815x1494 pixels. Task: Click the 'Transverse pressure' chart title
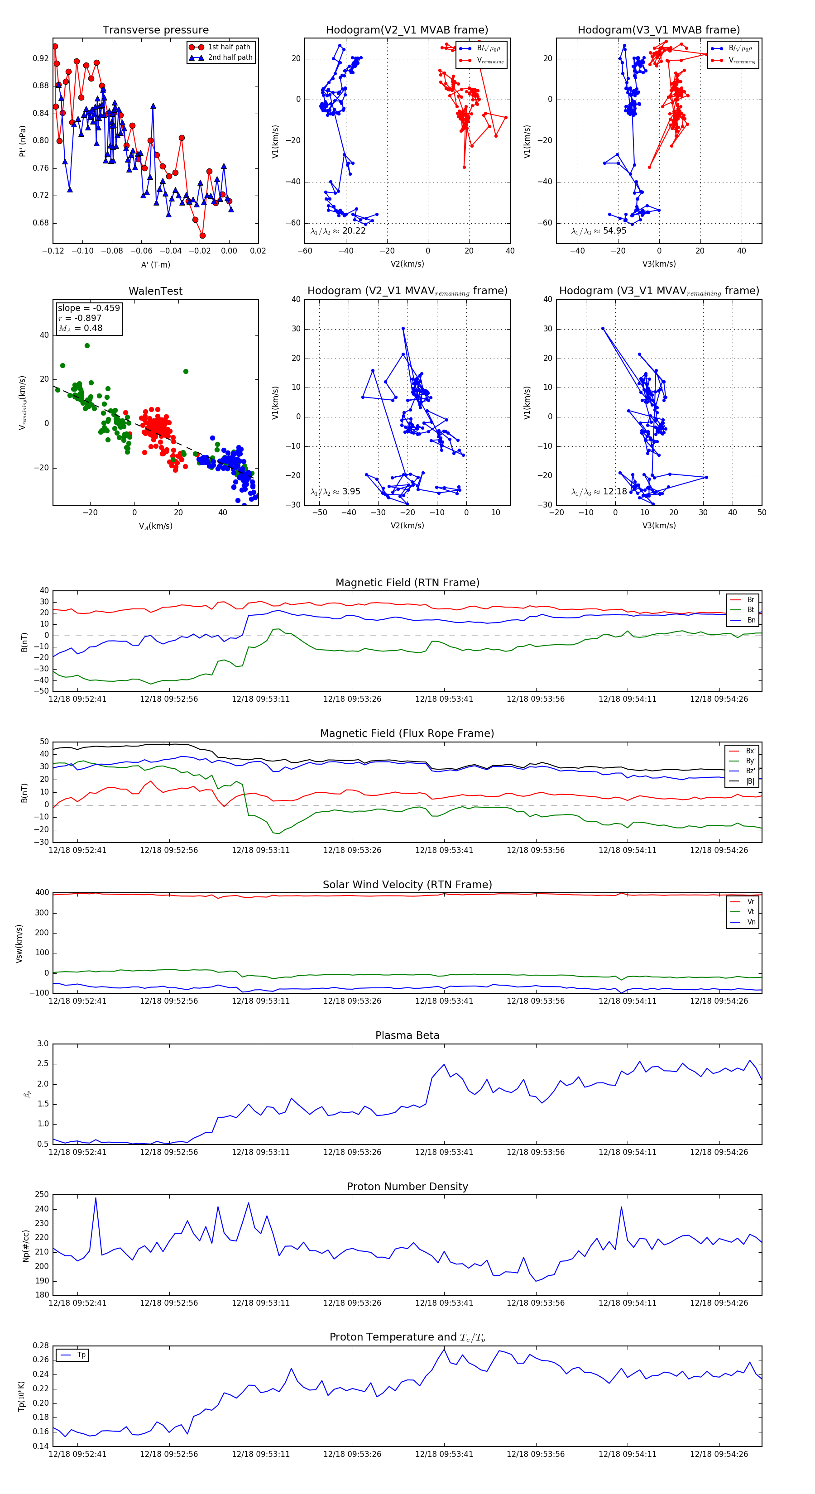click(x=155, y=30)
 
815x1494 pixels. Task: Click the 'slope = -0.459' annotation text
click(x=89, y=308)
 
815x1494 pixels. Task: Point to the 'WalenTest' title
click(x=155, y=291)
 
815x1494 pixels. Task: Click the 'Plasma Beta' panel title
click(x=407, y=1035)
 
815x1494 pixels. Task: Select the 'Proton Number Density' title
click(x=407, y=1187)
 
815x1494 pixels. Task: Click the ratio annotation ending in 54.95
click(x=599, y=231)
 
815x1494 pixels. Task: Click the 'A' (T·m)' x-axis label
click(x=155, y=264)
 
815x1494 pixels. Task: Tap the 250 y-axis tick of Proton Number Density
click(x=42, y=1195)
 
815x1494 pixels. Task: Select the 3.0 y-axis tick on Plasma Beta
click(x=43, y=1044)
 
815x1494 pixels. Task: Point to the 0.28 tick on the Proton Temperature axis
click(x=41, y=1346)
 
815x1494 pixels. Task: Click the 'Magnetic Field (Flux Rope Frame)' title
click(x=407, y=734)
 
